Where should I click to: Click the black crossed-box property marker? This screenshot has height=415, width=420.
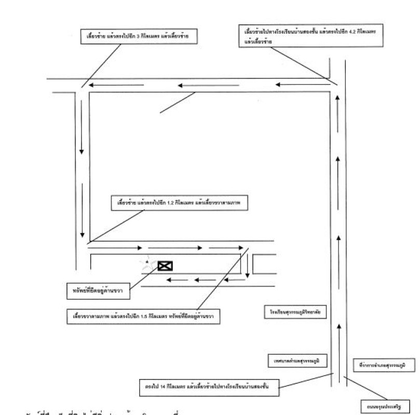[165, 266]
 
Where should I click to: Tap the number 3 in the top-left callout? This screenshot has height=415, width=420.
[138, 37]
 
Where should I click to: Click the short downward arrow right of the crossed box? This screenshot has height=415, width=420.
[248, 266]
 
